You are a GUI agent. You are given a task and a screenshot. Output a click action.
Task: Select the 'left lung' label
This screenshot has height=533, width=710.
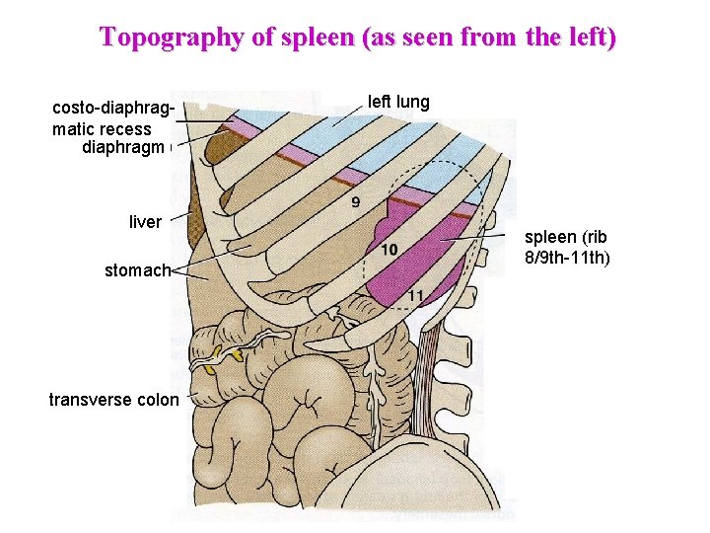click(398, 102)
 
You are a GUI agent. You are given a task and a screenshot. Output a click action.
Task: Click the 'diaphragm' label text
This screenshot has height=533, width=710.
click(122, 148)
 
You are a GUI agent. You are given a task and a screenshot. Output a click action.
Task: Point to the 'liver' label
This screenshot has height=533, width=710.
click(145, 222)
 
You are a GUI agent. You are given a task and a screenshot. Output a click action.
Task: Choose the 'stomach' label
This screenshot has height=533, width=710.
click(137, 269)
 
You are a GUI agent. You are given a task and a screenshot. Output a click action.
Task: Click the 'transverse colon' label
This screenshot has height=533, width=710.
click(114, 400)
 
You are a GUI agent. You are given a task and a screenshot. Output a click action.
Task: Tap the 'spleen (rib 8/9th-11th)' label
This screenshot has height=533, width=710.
click(567, 247)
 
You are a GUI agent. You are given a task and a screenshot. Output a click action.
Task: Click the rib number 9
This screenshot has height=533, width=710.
click(355, 202)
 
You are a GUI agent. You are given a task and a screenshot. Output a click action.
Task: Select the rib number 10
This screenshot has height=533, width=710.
click(390, 251)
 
